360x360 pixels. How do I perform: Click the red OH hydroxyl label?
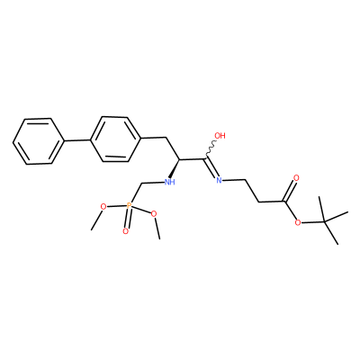click(220, 136)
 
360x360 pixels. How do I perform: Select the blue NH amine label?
click(170, 182)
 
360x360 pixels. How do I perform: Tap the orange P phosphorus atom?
click(129, 205)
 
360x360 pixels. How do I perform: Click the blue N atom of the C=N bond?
click(219, 180)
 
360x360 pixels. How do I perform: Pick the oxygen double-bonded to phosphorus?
click(126, 231)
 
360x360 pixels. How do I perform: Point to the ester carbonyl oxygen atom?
click(296, 178)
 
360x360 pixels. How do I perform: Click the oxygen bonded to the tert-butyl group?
click(298, 222)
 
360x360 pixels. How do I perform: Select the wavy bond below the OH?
click(211, 149)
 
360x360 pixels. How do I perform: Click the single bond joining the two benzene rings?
click(77, 140)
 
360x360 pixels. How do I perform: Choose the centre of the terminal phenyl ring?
click(39, 141)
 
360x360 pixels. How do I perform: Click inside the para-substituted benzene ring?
click(116, 139)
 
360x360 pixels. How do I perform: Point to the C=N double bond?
click(211, 168)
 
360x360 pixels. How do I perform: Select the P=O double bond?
click(128, 219)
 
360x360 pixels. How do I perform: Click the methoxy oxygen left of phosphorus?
click(103, 207)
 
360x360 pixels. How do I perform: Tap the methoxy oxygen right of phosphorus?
click(154, 213)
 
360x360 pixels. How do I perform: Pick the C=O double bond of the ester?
click(290, 190)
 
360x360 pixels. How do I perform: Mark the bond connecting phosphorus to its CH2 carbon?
click(136, 193)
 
